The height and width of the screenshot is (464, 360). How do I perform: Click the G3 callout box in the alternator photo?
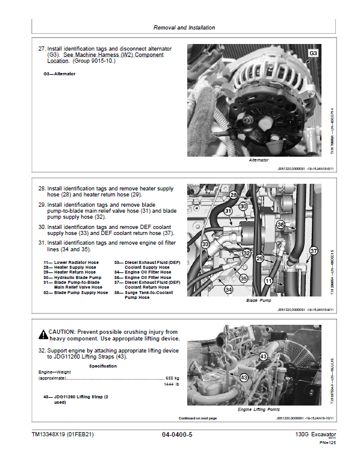tap(313, 54)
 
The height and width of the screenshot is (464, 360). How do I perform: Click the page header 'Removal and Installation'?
tap(184, 28)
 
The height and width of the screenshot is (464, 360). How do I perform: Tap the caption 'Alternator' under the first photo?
tap(258, 160)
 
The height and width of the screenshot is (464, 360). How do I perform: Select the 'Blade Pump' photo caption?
tap(259, 299)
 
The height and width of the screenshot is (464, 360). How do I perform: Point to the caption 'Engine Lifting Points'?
tap(259, 409)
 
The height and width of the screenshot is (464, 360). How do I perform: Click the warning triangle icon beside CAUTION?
tap(43, 334)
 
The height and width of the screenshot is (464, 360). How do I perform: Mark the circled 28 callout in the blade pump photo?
tap(233, 195)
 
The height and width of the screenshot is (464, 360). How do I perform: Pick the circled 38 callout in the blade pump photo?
tap(281, 224)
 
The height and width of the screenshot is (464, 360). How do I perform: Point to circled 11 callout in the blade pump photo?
tap(268, 281)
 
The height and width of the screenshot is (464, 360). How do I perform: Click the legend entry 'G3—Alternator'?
tap(60, 74)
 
